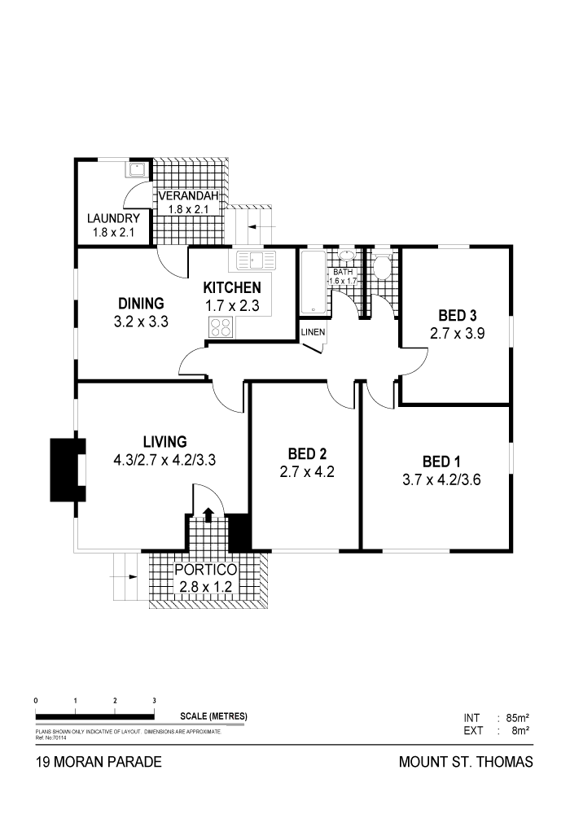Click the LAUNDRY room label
point(113,218)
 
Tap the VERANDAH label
point(188,195)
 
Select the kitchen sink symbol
point(256,260)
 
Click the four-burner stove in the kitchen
point(220,327)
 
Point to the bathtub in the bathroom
point(313,282)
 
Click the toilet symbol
point(384,266)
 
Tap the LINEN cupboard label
point(313,332)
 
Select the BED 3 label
point(458,315)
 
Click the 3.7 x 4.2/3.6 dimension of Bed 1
point(441,479)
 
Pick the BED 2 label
point(307,453)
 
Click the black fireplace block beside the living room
point(68,470)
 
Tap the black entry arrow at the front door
point(208,514)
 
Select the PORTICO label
point(205,570)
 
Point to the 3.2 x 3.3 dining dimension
point(141,322)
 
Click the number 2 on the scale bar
point(115,701)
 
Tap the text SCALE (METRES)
point(213,716)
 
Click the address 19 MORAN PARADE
point(99,762)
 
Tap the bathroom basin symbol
point(346,256)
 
